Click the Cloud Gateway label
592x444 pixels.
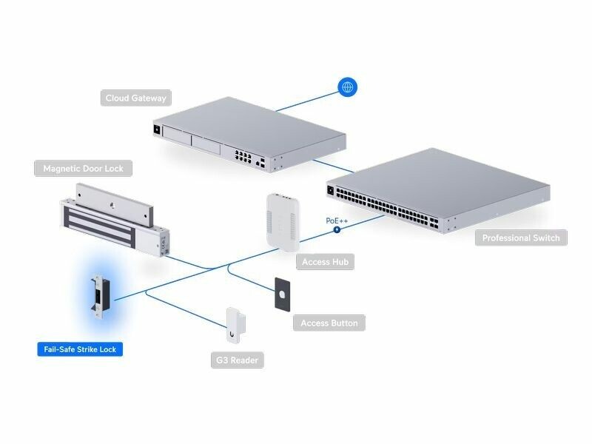[x=135, y=98]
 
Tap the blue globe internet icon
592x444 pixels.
[x=347, y=87]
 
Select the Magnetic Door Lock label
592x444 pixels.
[x=83, y=169]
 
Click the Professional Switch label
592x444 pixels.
[x=521, y=238]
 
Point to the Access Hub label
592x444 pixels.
[x=326, y=261]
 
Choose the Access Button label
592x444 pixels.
[x=329, y=323]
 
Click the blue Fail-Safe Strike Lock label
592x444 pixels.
[x=80, y=349]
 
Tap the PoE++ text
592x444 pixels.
[x=337, y=221]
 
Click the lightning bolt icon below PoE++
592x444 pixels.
[x=337, y=229]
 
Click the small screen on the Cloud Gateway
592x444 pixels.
[x=157, y=130]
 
